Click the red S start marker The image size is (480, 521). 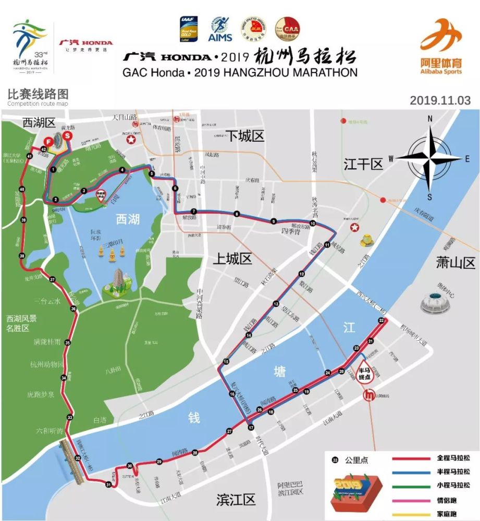point(67,136)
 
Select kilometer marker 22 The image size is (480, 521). point(381,321)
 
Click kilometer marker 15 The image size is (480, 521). point(226,362)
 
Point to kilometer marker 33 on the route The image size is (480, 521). point(70,417)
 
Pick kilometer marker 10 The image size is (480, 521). point(313,224)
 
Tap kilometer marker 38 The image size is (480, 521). point(21,256)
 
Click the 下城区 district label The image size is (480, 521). point(245,137)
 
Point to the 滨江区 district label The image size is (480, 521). point(236,500)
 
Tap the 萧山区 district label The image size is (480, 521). point(456,263)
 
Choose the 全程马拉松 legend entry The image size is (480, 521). point(453,458)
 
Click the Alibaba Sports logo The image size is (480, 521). point(441,46)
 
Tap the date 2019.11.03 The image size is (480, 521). point(440,100)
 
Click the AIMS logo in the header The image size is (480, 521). point(220,28)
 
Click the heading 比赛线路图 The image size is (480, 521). point(38,95)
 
